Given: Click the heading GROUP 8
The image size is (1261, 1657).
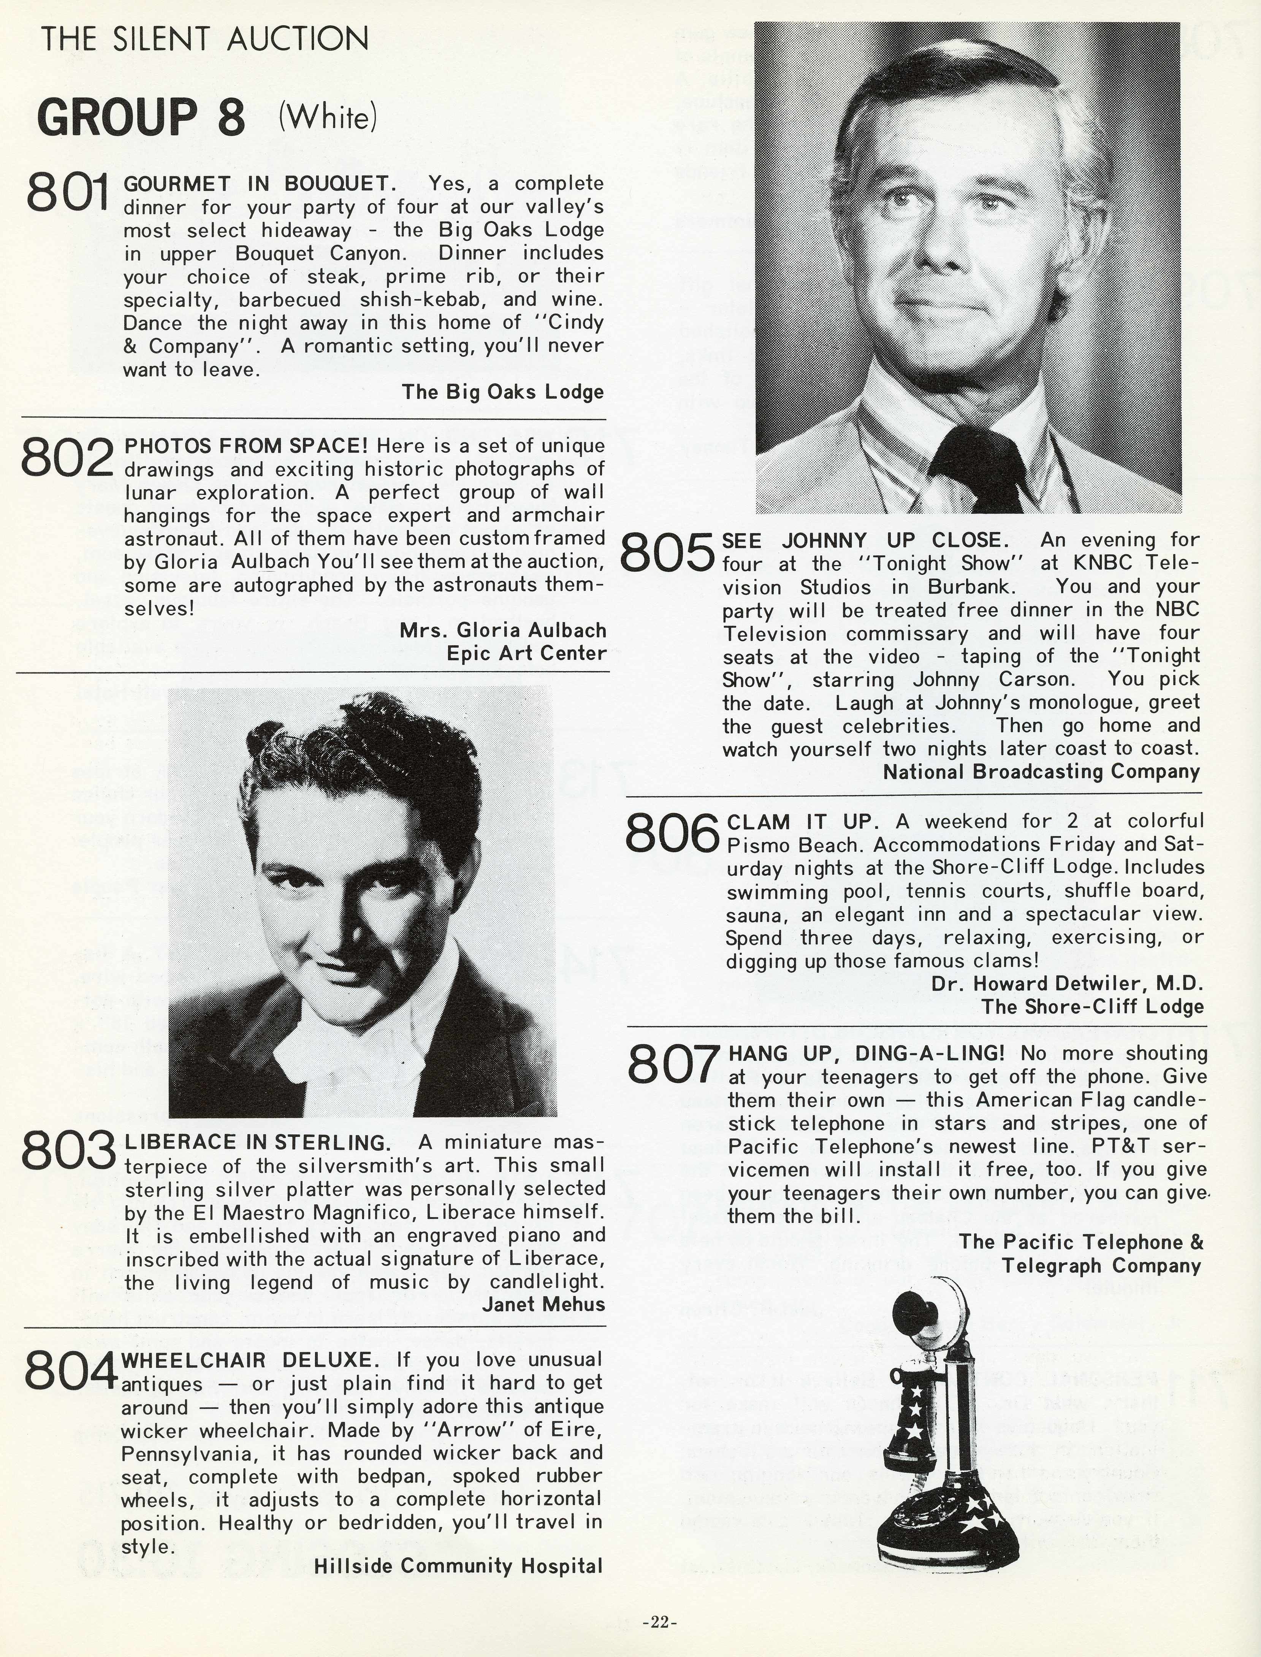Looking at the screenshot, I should click(x=141, y=118).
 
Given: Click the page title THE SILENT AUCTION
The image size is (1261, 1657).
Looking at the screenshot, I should click(x=204, y=39).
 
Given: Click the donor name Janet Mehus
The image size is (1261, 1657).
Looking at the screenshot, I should click(x=543, y=1304).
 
